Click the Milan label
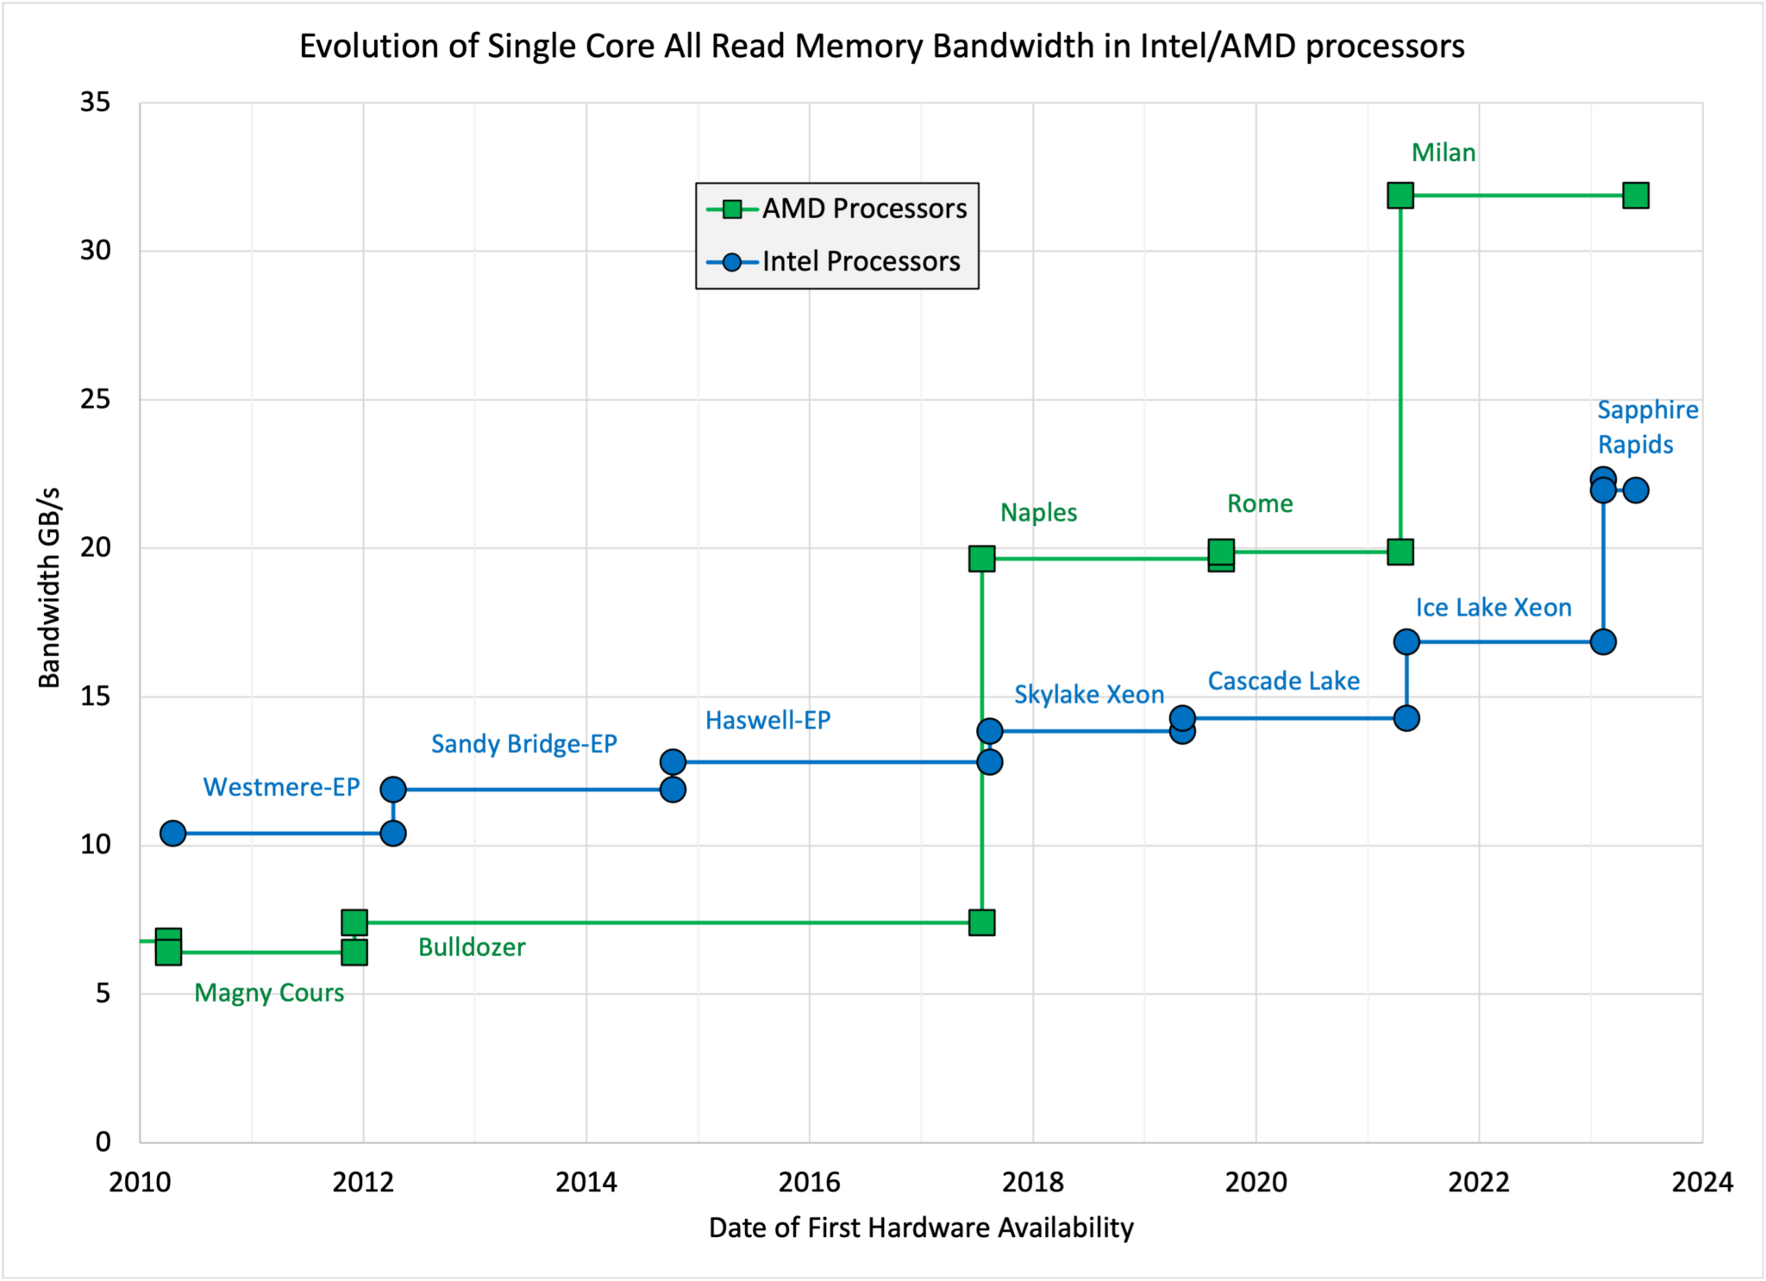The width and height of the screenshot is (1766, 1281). tap(1443, 153)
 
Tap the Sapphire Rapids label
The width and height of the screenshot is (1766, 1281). tap(1647, 427)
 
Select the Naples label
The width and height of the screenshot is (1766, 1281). tap(1038, 512)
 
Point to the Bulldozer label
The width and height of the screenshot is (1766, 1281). tap(472, 947)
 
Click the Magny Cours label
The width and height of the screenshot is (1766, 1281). tap(269, 993)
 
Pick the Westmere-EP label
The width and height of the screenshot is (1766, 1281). tap(281, 787)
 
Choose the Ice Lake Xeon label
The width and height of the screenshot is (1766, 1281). tap(1493, 608)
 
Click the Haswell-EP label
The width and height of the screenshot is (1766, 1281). tap(767, 721)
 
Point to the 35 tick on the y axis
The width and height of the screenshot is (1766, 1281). tap(96, 103)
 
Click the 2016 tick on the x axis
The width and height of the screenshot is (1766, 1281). tap(809, 1182)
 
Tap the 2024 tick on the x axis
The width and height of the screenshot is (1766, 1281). tap(1701, 1182)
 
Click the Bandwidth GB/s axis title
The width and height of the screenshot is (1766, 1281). tap(49, 588)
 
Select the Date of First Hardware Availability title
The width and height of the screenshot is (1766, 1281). tap(921, 1228)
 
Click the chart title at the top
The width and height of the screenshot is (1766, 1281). tap(881, 46)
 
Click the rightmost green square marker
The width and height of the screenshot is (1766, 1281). tap(1635, 196)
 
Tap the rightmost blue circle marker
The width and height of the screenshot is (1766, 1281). tap(1636, 491)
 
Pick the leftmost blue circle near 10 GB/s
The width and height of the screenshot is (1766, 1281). tap(172, 834)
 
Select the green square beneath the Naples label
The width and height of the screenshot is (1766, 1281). tap(981, 559)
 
